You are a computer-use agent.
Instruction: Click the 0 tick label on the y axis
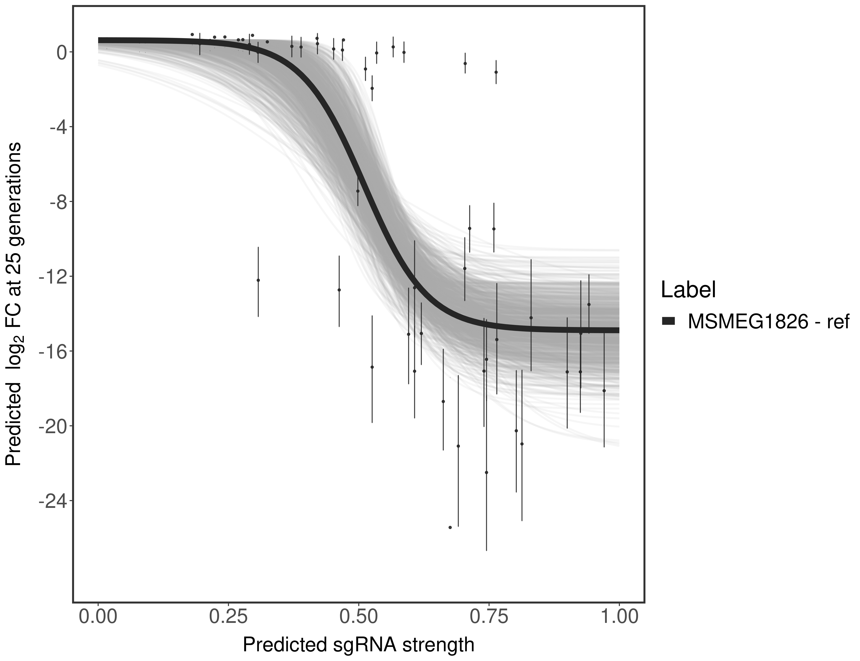[x=62, y=53]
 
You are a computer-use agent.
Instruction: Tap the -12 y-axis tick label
[x=52, y=277]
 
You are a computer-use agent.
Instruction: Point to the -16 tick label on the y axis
[x=52, y=351]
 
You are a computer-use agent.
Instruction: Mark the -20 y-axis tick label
[x=52, y=426]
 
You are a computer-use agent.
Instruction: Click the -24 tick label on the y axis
[x=52, y=501]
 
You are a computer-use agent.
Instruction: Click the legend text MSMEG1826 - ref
[x=768, y=321]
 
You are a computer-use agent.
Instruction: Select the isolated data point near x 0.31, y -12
[x=258, y=280]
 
